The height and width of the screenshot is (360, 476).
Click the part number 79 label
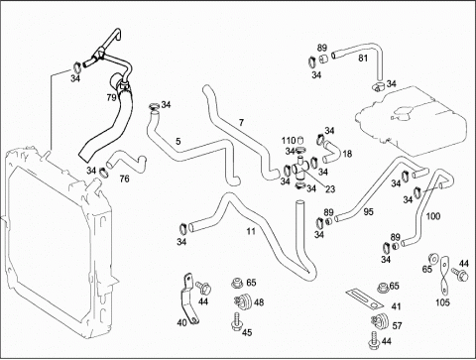pos(111,98)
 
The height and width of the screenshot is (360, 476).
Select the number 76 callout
pos(124,179)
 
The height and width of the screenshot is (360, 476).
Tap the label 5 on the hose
pos(178,142)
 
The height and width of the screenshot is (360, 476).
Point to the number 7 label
pos(241,123)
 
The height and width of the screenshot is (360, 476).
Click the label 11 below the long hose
pos(251,231)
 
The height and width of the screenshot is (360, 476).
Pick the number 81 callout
pos(363,59)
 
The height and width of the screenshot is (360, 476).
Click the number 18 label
pos(347,154)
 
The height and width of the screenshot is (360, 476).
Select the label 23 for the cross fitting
pos(330,189)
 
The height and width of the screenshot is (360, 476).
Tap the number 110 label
pos(289,141)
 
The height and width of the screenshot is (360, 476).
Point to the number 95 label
pos(368,211)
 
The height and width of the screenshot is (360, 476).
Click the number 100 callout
pos(433,216)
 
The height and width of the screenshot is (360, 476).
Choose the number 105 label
pos(442,302)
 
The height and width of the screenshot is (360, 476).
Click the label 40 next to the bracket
pos(181,322)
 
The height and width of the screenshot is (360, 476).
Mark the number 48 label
pos(259,302)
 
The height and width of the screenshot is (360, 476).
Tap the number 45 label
pos(247,332)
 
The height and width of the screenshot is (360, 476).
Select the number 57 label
pos(397,326)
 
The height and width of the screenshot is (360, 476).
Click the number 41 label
pos(396,306)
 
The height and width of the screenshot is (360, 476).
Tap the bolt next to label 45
pos(236,321)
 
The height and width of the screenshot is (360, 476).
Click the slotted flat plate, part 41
pos(365,300)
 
